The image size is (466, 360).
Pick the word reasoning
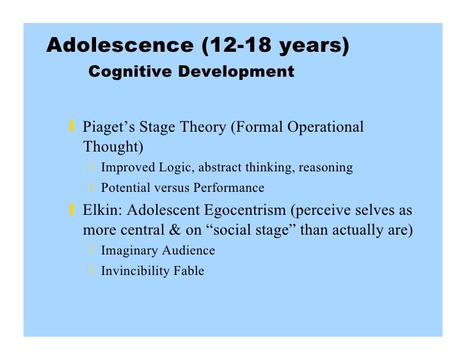[326, 168]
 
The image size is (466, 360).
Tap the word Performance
[228, 188]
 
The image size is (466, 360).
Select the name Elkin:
[102, 210]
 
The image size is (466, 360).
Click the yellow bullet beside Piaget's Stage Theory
[73, 127]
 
